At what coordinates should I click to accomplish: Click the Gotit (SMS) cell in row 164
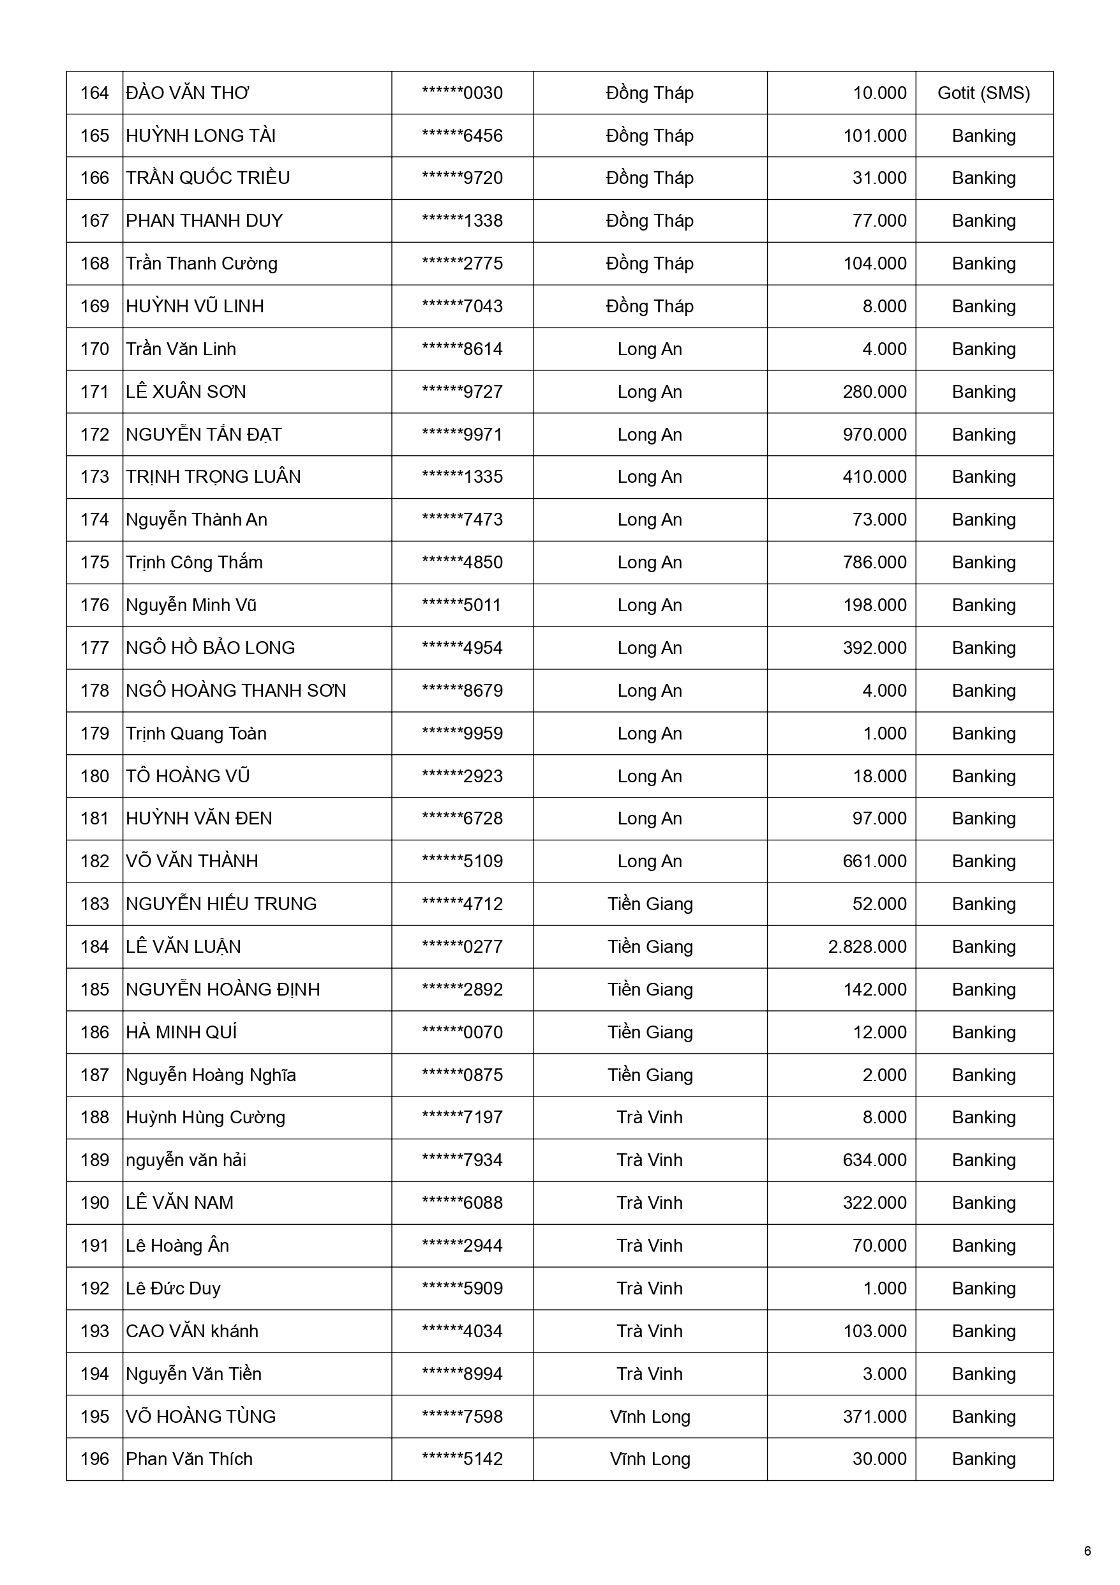[x=983, y=93]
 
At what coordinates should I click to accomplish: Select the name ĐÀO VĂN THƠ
[x=187, y=93]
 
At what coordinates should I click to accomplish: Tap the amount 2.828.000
[x=867, y=946]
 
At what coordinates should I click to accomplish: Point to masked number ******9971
[x=461, y=434]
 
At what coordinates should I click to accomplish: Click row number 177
[x=94, y=648]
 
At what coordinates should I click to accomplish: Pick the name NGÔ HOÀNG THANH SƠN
[x=235, y=690]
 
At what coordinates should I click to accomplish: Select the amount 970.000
[x=874, y=434]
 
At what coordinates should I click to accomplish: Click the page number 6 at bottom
[x=1087, y=1551]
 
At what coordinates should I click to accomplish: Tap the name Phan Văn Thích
[x=189, y=1459]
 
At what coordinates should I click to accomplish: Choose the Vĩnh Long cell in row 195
[x=650, y=1416]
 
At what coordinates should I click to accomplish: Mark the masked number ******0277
[x=461, y=946]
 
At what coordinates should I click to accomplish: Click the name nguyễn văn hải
[x=186, y=1160]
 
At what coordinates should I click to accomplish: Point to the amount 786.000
[x=874, y=562]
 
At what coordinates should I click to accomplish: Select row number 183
[x=94, y=904]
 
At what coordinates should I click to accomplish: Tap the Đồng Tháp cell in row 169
[x=650, y=306]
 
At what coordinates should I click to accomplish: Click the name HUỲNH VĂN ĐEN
[x=198, y=818]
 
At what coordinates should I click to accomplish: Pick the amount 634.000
[x=874, y=1160]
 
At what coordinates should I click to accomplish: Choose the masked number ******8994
[x=461, y=1374]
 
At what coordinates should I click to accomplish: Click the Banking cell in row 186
[x=983, y=1032]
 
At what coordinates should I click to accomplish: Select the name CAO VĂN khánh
[x=192, y=1331]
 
